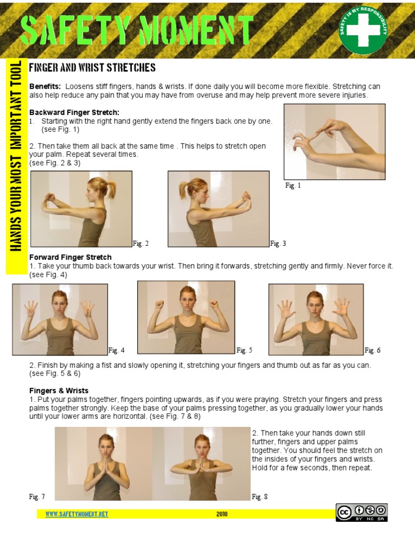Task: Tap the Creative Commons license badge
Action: click(362, 512)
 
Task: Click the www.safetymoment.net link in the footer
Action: click(77, 514)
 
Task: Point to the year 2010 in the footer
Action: click(222, 514)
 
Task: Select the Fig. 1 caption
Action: click(293, 186)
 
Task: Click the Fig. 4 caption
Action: click(117, 350)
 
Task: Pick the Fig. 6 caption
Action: click(372, 350)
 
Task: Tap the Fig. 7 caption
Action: click(37, 496)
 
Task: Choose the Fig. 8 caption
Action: click(260, 496)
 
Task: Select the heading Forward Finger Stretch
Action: click(70, 257)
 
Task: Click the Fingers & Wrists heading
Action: click(58, 390)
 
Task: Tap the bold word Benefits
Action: click(45, 86)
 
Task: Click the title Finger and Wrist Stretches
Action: click(92, 68)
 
